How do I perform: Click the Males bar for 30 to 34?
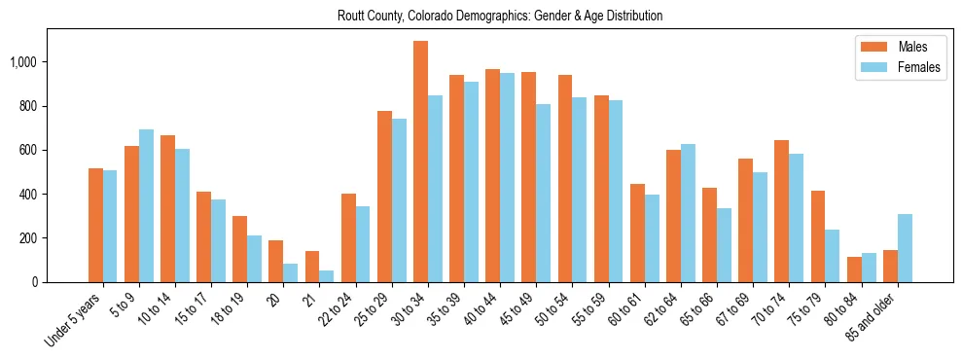point(420,162)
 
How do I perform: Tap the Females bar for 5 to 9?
point(147,205)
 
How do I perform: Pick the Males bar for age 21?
point(312,267)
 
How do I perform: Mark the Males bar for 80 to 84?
point(854,270)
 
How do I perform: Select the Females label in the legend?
point(919,68)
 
